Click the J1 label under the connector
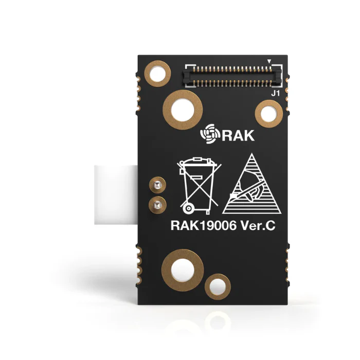(x=275, y=94)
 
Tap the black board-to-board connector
(x=232, y=76)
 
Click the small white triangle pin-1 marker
(x=269, y=62)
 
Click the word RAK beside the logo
(x=238, y=135)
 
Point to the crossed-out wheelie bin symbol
(x=200, y=186)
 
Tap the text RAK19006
(x=204, y=226)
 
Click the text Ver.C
(x=258, y=226)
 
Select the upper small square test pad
(x=157, y=185)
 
